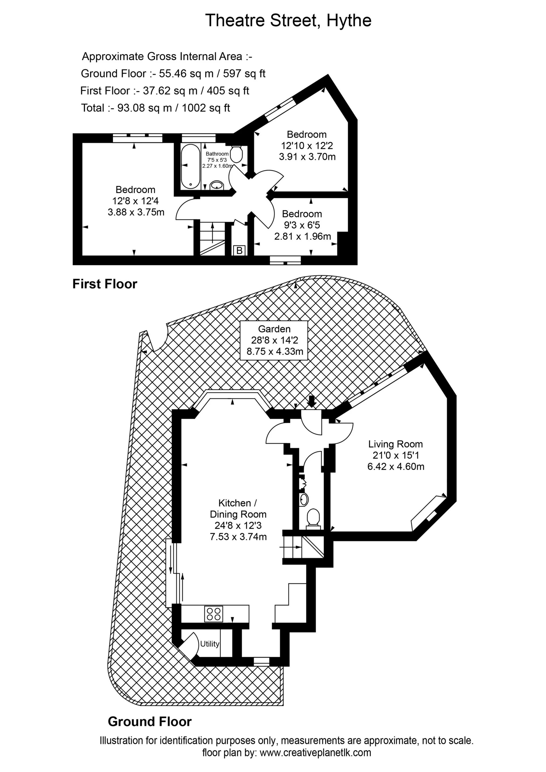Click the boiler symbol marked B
point(239,250)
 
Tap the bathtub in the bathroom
point(190,166)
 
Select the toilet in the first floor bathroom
point(236,154)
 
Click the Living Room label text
point(395,444)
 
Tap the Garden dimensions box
point(274,340)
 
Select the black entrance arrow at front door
point(311,401)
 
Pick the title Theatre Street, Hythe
point(288,20)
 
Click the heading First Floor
point(105,284)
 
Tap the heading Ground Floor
point(150,722)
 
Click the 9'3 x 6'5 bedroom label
point(302,225)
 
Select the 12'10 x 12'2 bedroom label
point(307,145)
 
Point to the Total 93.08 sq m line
point(155,108)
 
